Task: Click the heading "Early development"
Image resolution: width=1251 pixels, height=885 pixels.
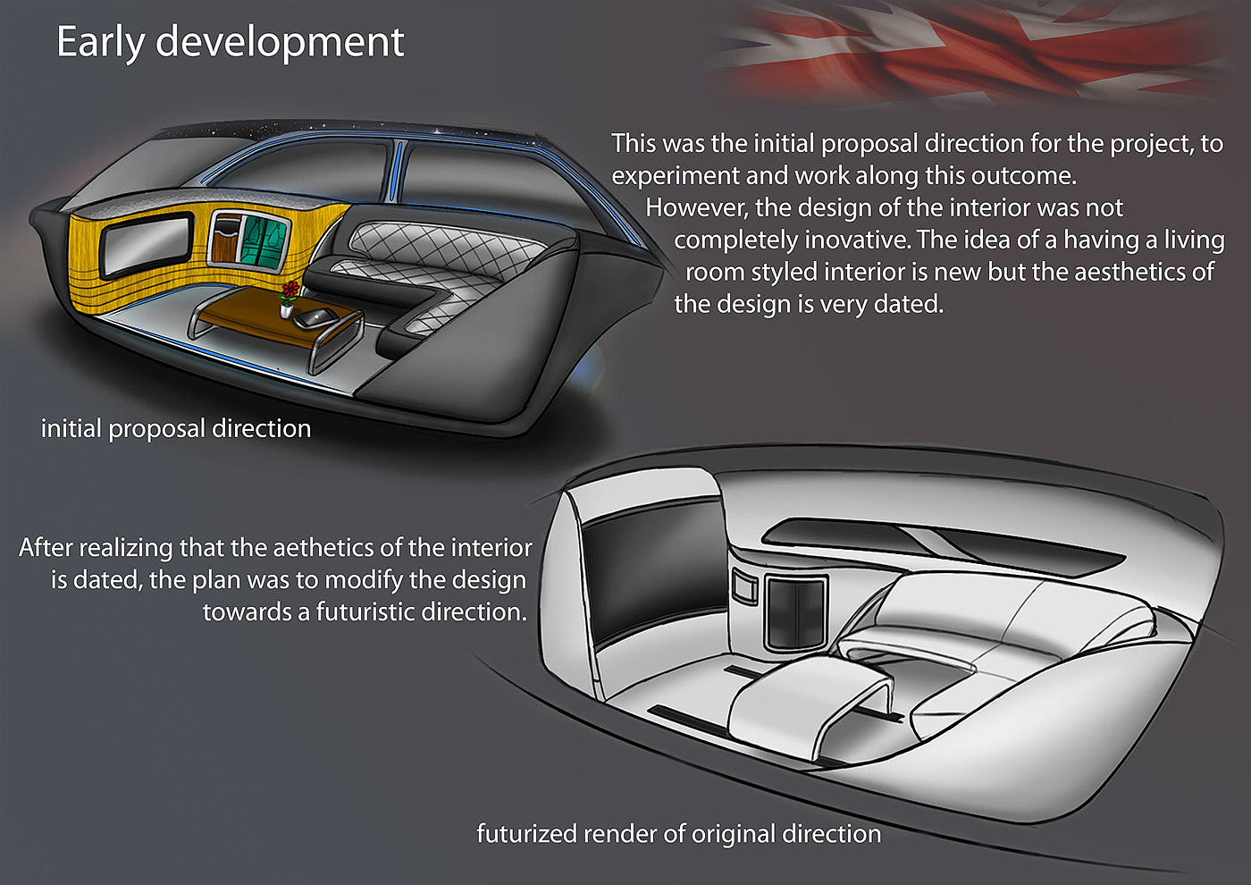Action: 230,42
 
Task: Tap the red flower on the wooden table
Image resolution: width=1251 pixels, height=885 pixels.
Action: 290,291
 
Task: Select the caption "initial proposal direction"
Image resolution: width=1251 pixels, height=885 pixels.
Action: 176,429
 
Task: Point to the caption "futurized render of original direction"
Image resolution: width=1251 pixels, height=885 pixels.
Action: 678,834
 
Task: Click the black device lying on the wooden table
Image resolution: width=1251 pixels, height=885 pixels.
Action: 317,317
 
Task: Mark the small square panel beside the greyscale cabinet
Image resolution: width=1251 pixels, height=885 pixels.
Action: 744,588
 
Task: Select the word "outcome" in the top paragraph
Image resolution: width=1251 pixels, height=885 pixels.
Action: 1018,175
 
